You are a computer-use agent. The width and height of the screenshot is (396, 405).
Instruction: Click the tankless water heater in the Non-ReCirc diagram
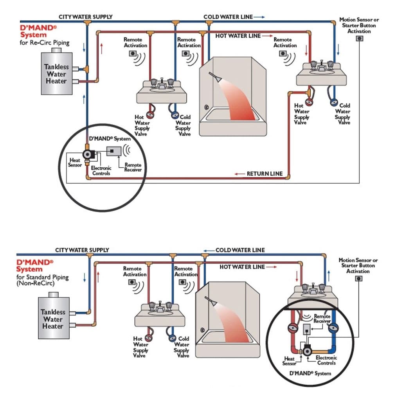(x=53, y=319)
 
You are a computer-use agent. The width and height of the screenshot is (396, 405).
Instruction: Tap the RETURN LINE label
(x=264, y=174)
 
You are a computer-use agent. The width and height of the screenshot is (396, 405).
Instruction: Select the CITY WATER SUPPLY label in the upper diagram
(x=85, y=17)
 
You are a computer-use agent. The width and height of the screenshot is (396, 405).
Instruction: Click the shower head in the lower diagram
(x=209, y=301)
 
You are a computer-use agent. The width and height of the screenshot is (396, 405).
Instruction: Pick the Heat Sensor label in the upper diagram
(x=75, y=163)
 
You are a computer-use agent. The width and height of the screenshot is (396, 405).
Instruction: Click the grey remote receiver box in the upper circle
(x=113, y=151)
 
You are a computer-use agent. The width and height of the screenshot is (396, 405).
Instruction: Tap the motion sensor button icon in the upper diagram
(x=358, y=38)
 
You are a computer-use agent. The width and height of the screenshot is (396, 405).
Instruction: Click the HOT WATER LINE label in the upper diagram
(x=238, y=36)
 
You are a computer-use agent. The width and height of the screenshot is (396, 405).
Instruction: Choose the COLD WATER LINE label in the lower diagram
(x=240, y=250)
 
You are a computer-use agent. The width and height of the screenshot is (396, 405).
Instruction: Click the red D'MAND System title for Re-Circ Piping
(x=38, y=32)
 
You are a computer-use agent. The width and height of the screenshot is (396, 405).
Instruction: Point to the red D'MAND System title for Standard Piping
(x=35, y=265)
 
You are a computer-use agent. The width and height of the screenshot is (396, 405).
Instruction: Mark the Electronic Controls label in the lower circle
(x=326, y=360)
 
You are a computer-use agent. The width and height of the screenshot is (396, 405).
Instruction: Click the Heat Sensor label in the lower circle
(x=290, y=361)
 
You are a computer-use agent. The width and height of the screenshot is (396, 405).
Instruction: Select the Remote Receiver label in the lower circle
(x=322, y=318)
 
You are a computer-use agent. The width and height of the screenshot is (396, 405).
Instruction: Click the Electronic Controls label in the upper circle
(x=101, y=170)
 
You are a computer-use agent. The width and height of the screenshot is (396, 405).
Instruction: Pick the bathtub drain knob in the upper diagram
(x=206, y=107)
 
